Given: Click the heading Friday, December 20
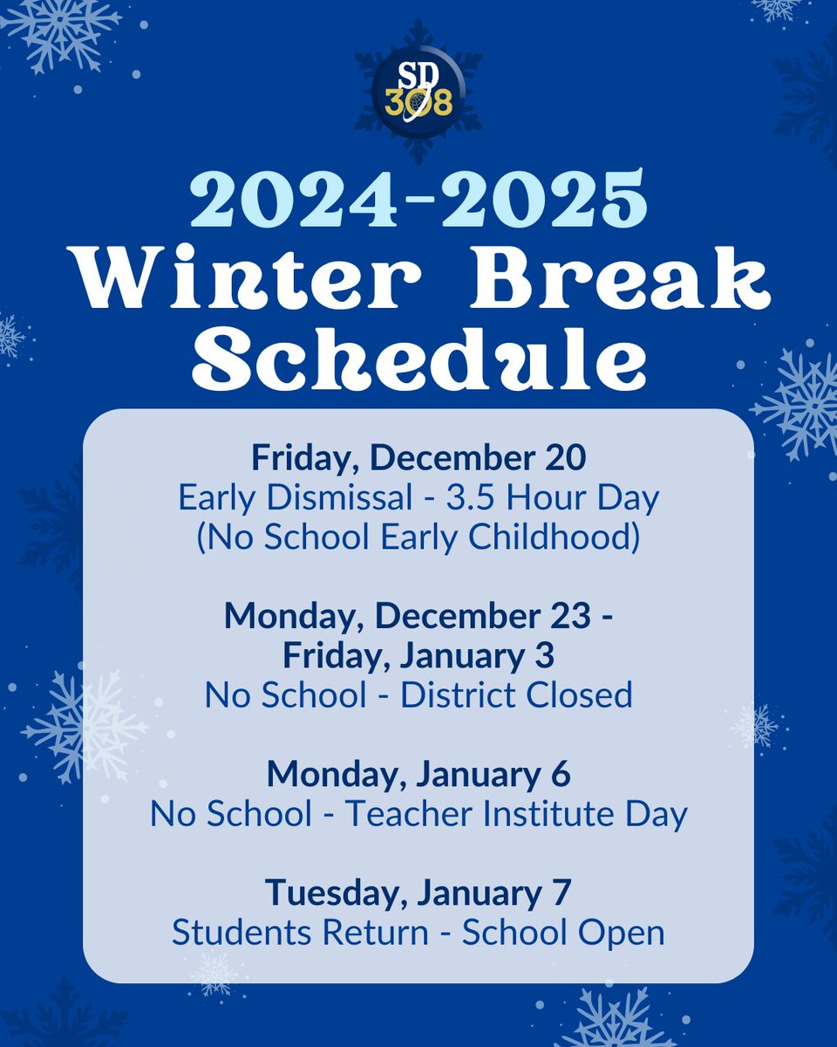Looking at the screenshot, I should click(x=418, y=457).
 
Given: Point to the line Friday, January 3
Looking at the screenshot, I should click(x=418, y=655).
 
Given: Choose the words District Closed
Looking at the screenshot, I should click(x=516, y=695).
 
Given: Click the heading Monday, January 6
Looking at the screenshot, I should click(x=418, y=774).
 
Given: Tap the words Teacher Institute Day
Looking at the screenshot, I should click(x=517, y=814).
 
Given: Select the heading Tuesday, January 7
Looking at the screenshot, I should click(x=418, y=893).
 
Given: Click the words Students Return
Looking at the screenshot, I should click(x=300, y=932).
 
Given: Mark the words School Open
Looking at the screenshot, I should click(x=563, y=932).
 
